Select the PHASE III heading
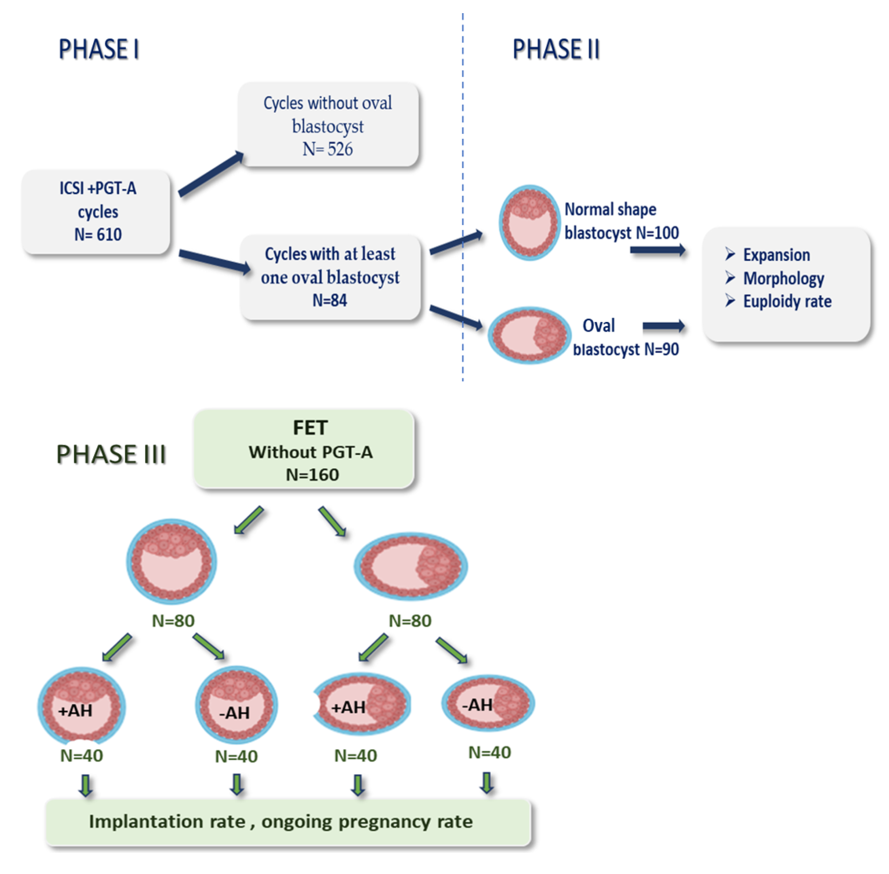(x=111, y=454)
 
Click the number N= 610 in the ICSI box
(x=98, y=235)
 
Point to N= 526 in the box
(x=328, y=149)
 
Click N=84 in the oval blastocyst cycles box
(x=330, y=300)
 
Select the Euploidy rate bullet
(x=787, y=302)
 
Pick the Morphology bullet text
(x=783, y=278)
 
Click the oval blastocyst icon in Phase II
(x=528, y=335)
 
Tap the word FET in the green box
(x=310, y=428)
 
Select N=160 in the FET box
(x=312, y=475)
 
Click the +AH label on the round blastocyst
(x=75, y=711)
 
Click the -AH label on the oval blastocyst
(x=477, y=705)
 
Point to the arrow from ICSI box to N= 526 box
(x=210, y=174)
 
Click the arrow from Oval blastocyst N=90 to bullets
(x=664, y=326)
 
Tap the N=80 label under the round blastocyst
(x=173, y=621)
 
